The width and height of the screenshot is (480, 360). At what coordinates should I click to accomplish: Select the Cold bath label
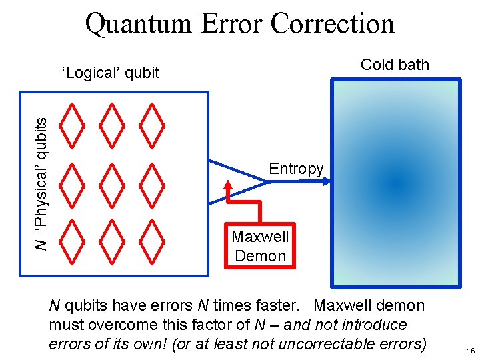[x=395, y=65]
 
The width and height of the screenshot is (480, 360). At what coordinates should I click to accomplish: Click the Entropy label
[x=296, y=169]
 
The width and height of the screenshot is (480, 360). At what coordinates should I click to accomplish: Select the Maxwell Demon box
[x=260, y=246]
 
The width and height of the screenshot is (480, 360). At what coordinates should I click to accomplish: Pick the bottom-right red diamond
[x=154, y=239]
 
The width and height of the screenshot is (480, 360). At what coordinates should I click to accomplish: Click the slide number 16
[x=471, y=351]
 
